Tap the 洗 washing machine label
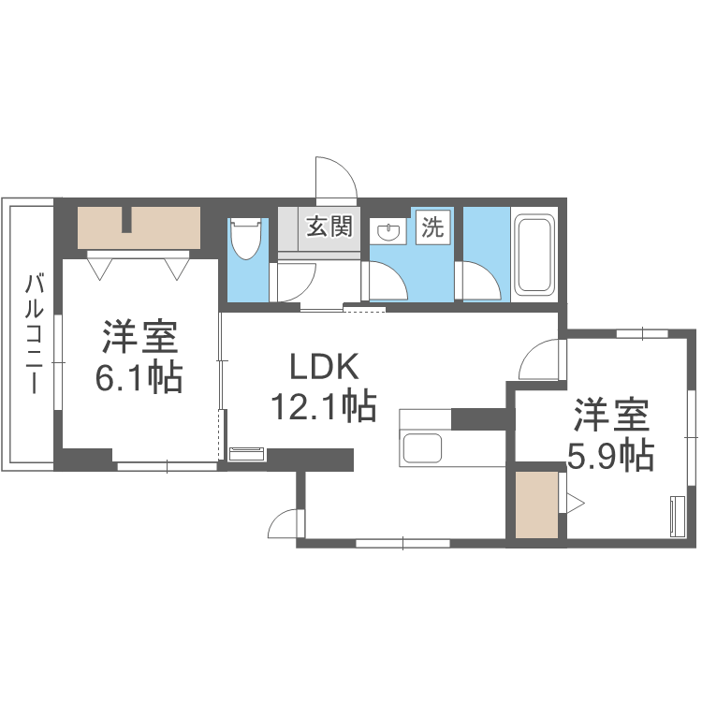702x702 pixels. pos(432,227)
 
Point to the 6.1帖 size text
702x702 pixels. pos(139,376)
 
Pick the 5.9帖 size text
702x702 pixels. pos(611,455)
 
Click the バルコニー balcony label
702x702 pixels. pos(34,332)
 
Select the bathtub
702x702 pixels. pos(534,256)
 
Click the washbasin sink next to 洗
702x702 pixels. pos(388,231)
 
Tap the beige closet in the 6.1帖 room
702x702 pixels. pos(139,227)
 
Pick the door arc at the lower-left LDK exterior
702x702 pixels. pos(284,524)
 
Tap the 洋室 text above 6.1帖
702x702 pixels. pos(139,335)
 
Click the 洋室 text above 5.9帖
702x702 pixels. pos(611,414)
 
